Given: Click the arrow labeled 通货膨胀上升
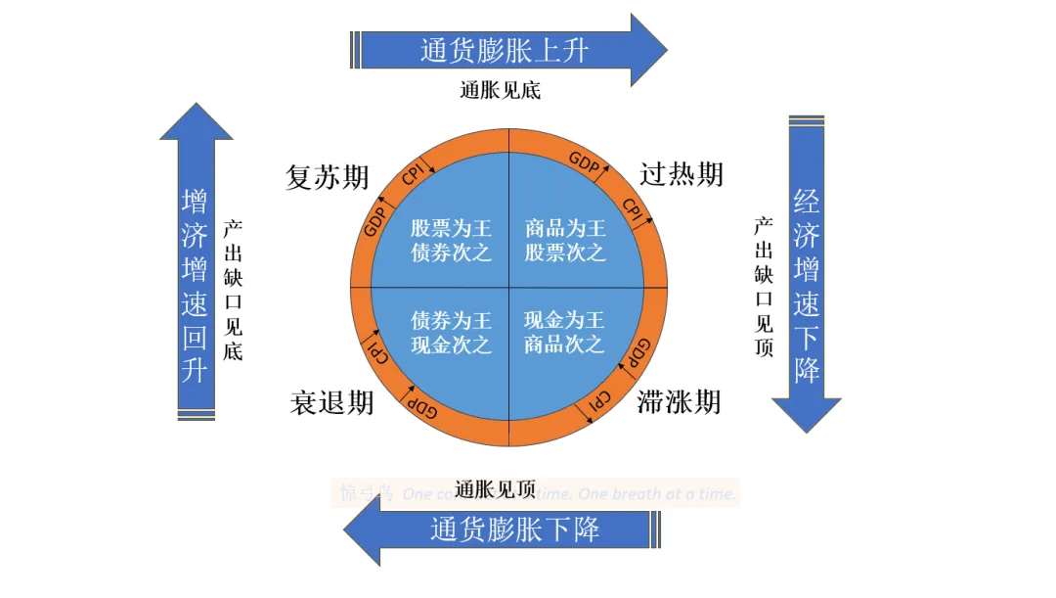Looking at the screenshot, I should tap(506, 50).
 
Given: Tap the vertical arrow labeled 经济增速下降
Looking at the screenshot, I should tap(807, 284).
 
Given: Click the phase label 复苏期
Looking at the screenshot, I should tap(328, 177).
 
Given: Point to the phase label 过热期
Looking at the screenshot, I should tap(682, 174).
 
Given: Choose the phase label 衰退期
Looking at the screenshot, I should tap(331, 402).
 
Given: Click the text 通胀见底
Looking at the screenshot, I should tap(500, 91).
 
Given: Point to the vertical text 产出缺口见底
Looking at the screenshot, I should tap(233, 289).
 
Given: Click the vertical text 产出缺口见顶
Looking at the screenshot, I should tap(764, 286).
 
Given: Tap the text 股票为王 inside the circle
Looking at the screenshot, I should tap(451, 229).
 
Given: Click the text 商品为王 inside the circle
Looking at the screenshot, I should tap(565, 229).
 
